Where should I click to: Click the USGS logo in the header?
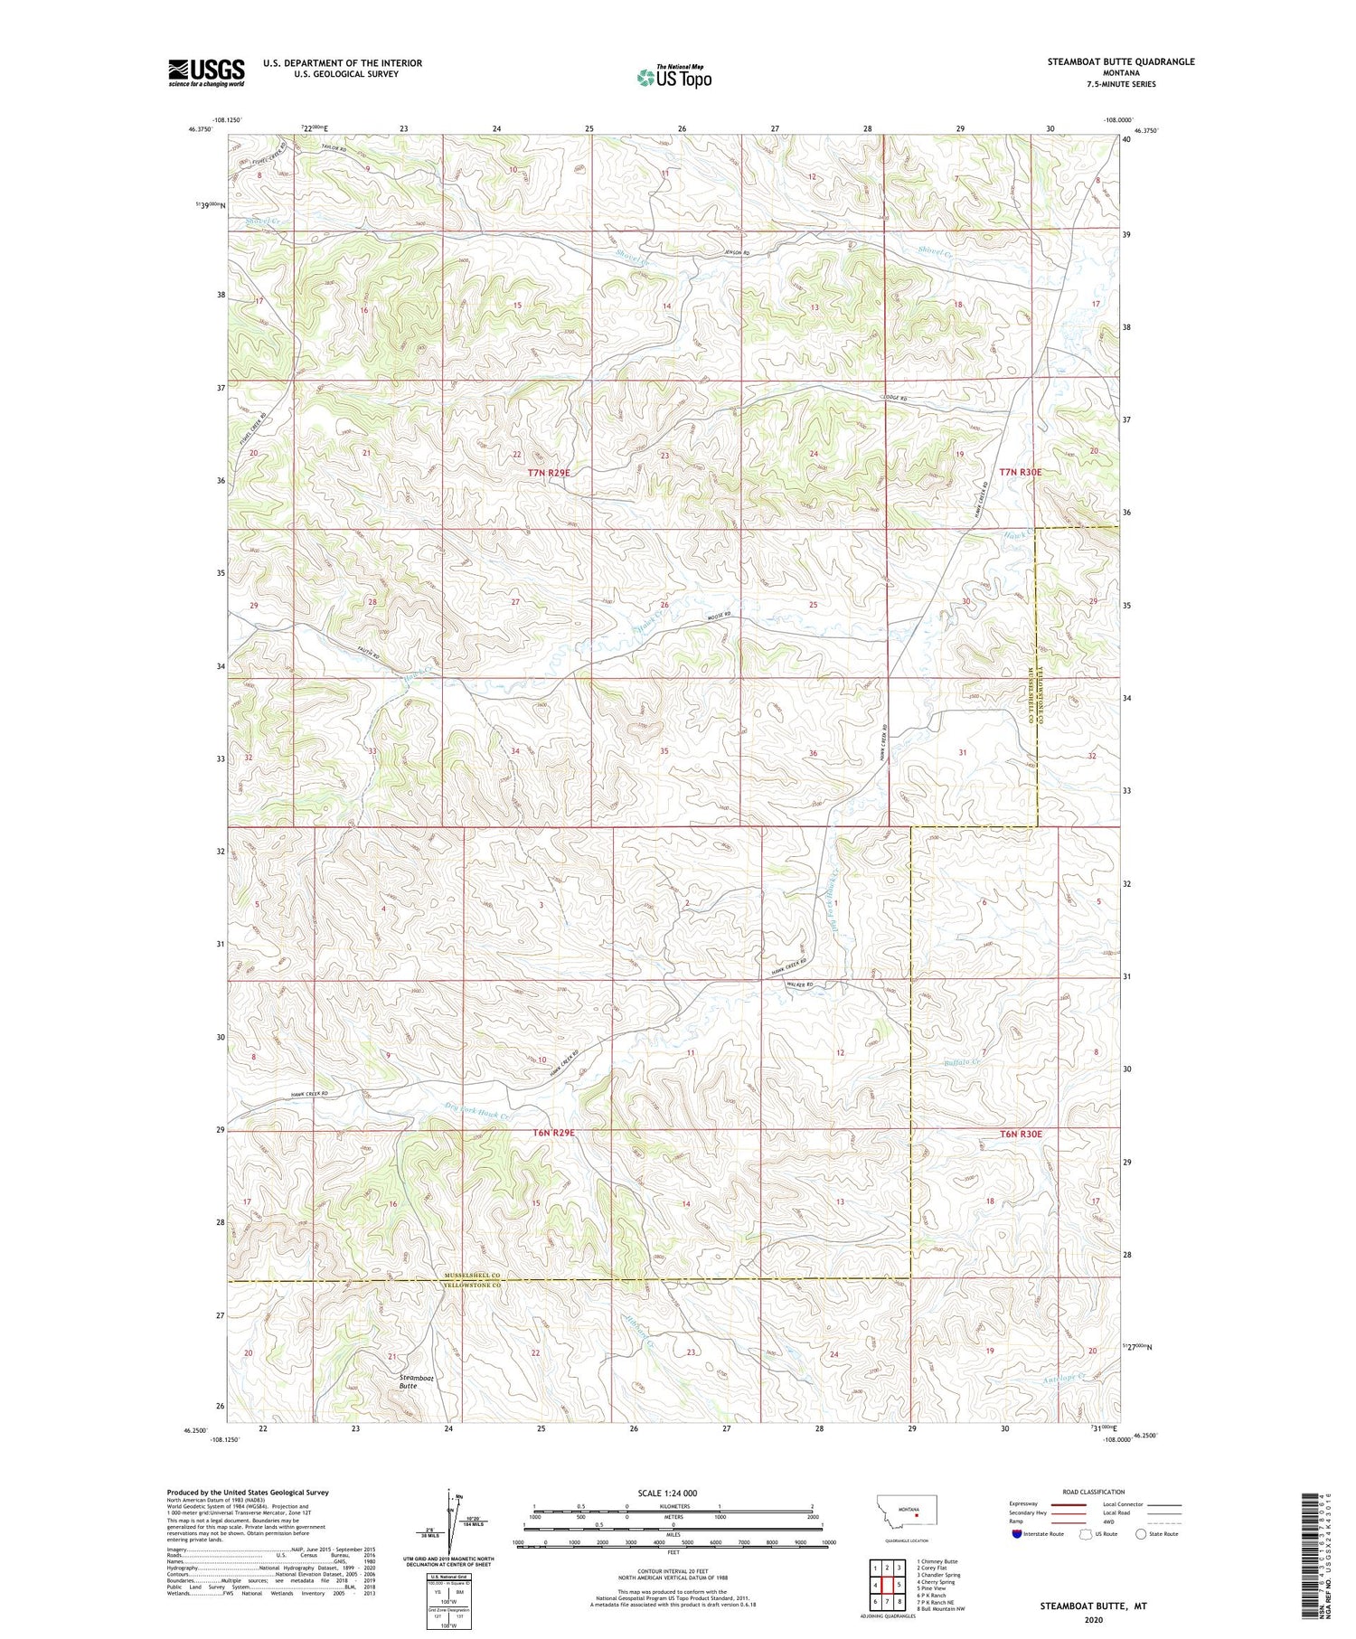click(206, 72)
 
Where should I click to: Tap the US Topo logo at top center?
click(673, 78)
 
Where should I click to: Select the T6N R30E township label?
click(1021, 1134)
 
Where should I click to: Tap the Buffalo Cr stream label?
click(963, 1062)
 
